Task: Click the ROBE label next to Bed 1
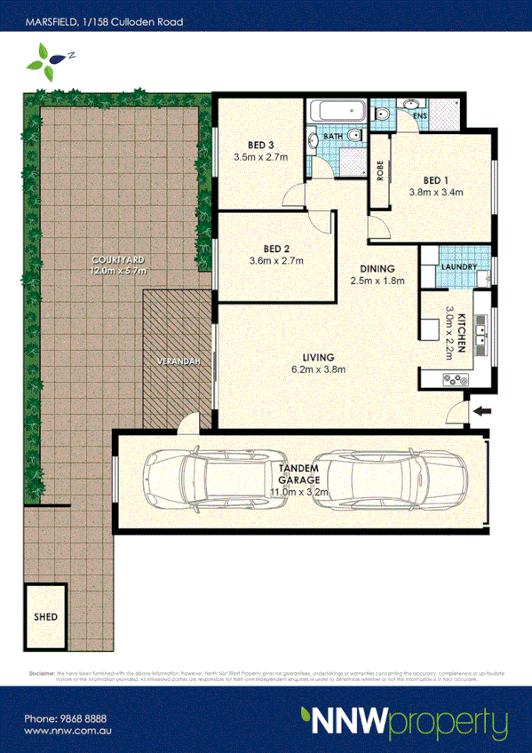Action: coord(380,170)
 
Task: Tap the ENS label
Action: coord(420,116)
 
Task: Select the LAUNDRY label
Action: coord(458,267)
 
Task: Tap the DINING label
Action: coord(377,269)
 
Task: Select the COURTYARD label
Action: coord(117,258)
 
